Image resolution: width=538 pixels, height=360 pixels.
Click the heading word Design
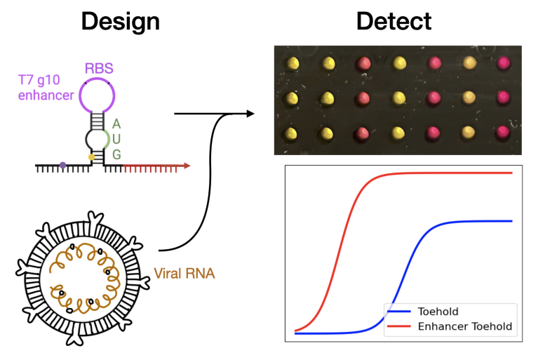120,21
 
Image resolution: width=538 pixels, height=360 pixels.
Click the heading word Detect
394,21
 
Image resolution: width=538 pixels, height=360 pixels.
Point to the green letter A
116,124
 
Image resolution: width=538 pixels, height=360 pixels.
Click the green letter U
116,138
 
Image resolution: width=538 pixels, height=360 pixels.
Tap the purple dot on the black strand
63,166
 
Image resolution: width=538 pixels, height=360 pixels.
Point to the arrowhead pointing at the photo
249,112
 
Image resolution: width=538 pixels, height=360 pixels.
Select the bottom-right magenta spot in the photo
504,132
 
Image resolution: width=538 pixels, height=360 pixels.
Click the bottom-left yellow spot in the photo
292,132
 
